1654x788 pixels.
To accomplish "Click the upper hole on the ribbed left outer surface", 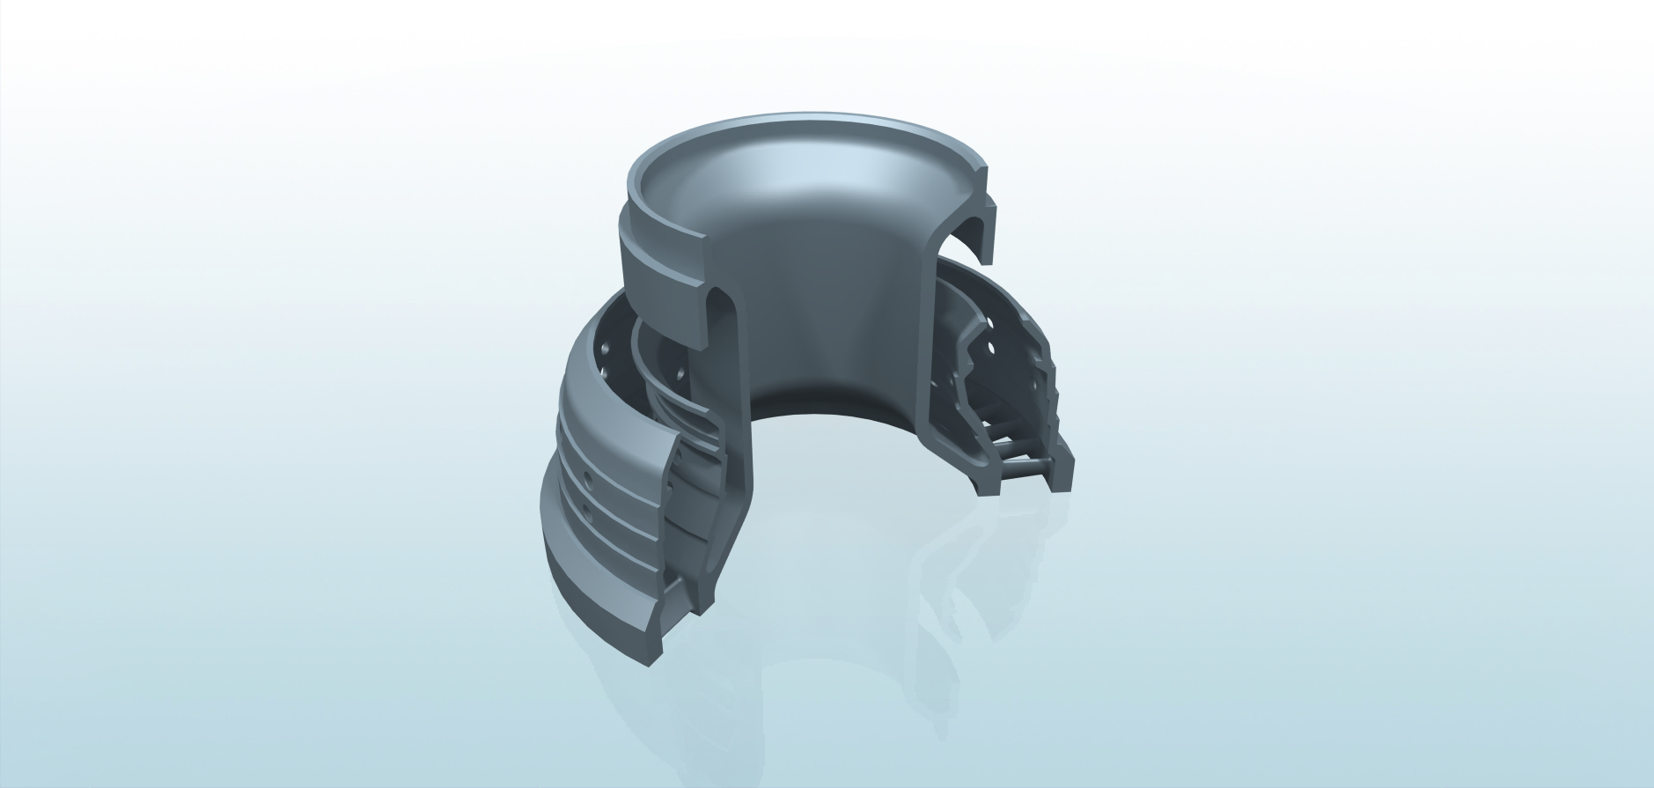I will [586, 481].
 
